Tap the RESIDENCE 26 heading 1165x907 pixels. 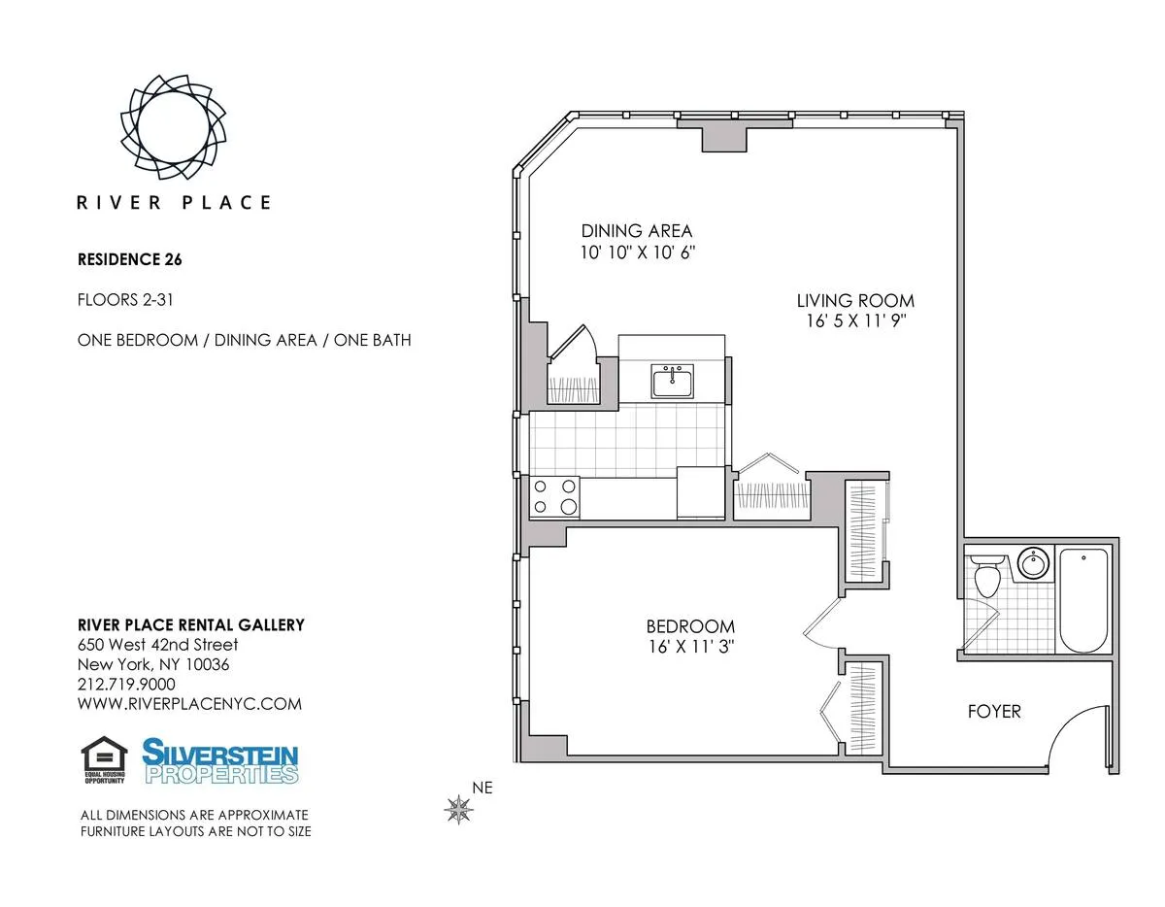click(x=129, y=259)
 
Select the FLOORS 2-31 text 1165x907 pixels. click(x=125, y=300)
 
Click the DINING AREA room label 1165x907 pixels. click(x=637, y=231)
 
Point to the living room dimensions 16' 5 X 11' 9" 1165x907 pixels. click(x=855, y=319)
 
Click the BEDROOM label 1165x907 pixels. click(x=690, y=626)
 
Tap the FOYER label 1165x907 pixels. click(x=994, y=712)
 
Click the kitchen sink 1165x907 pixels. click(x=672, y=382)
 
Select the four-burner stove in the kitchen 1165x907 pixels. click(x=554, y=496)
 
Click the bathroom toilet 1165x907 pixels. click(x=986, y=577)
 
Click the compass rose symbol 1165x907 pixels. click(x=458, y=808)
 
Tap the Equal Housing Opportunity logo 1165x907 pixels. click(x=104, y=760)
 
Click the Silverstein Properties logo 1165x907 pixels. click(x=220, y=760)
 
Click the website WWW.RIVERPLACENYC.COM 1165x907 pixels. click(x=189, y=704)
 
